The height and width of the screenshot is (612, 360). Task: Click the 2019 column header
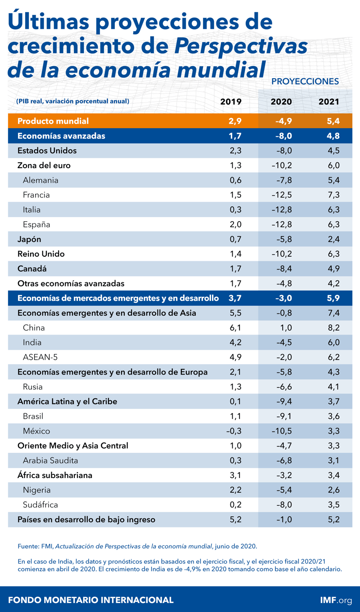point(231,102)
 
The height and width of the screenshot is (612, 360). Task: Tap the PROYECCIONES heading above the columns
point(305,81)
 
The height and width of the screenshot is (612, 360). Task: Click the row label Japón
point(29,239)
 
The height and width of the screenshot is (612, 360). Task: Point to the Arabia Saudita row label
point(50,460)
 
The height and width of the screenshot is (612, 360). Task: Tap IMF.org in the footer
point(333,600)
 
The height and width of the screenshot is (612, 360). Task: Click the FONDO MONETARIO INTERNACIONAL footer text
point(90,600)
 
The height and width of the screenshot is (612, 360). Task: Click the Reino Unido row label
point(41,254)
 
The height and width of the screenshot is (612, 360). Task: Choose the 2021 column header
point(328,102)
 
